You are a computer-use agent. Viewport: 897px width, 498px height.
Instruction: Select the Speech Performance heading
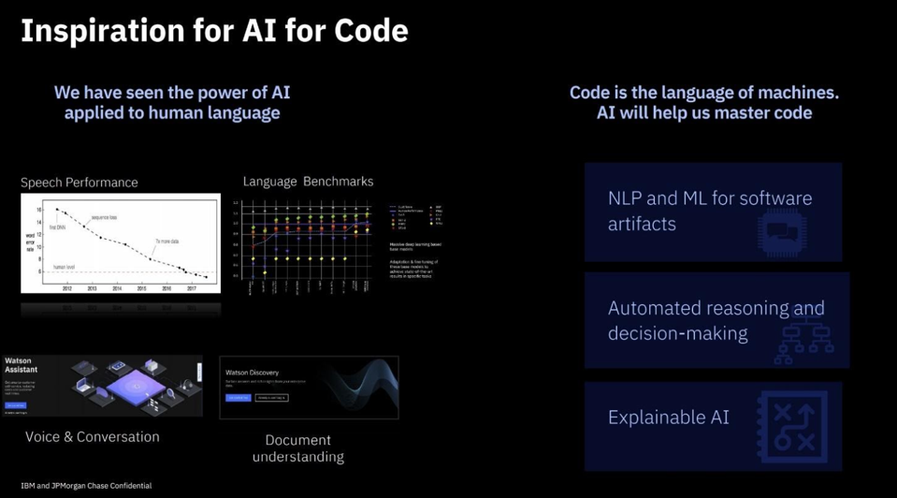79,183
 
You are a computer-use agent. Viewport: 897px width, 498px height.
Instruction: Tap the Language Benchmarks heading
308,182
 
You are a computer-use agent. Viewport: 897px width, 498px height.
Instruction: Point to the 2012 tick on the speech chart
67,288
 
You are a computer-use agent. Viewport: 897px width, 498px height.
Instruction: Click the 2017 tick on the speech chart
191,288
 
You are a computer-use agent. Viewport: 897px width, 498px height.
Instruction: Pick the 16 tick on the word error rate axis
38,210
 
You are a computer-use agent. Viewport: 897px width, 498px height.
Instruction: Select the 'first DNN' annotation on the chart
57,227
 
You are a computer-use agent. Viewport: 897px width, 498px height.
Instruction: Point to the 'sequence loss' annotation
105,218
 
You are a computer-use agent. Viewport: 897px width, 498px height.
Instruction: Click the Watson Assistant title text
21,365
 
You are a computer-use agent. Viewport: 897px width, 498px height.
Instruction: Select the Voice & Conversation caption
92,437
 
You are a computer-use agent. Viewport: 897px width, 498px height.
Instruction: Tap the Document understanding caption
298,447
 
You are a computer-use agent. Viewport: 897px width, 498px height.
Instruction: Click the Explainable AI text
668,417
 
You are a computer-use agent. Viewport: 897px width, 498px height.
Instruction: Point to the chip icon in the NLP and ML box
782,230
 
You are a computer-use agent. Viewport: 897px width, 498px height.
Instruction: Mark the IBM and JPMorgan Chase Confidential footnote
86,486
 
